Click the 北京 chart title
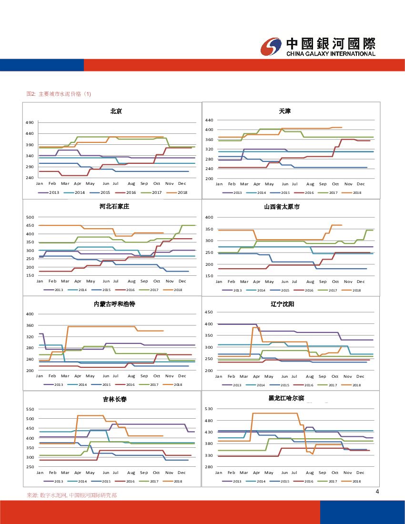click(116, 111)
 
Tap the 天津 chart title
click(285, 111)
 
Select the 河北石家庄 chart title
click(114, 207)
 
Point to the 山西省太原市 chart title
click(282, 207)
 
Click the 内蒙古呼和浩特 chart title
click(114, 303)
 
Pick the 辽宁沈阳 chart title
click(282, 303)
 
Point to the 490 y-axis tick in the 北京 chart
click(30, 123)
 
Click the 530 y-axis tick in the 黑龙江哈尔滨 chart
click(209, 409)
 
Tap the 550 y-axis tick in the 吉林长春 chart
click(30, 409)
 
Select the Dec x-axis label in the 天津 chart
click(361, 184)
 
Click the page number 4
click(377, 492)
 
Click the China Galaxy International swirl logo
click(272, 47)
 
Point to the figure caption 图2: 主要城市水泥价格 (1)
click(59, 94)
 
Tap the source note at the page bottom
click(71, 495)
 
